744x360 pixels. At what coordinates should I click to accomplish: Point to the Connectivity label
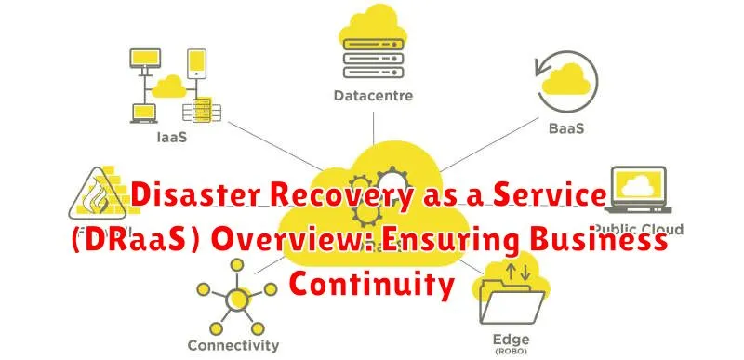pos(233,344)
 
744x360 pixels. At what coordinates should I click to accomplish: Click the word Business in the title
pos(593,242)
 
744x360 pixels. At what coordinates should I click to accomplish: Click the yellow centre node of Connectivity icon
pos(237,300)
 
